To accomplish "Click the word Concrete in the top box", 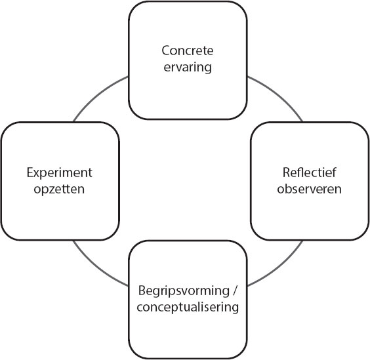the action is [x=188, y=50].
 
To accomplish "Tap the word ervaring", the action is [x=188, y=68].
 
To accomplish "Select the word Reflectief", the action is [x=310, y=172].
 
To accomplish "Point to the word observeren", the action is [x=310, y=189].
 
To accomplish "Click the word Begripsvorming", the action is [x=184, y=291].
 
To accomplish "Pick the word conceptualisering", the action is [x=188, y=308].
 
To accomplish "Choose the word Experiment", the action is [x=59, y=172].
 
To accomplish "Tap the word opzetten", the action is [x=59, y=190].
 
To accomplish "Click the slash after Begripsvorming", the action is [x=234, y=290].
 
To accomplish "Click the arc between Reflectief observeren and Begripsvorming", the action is [x=278, y=267].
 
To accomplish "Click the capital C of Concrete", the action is [x=166, y=50].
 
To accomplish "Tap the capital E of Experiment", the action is [x=30, y=172].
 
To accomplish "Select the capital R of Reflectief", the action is [x=287, y=172].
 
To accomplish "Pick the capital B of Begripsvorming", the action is [x=142, y=290].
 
